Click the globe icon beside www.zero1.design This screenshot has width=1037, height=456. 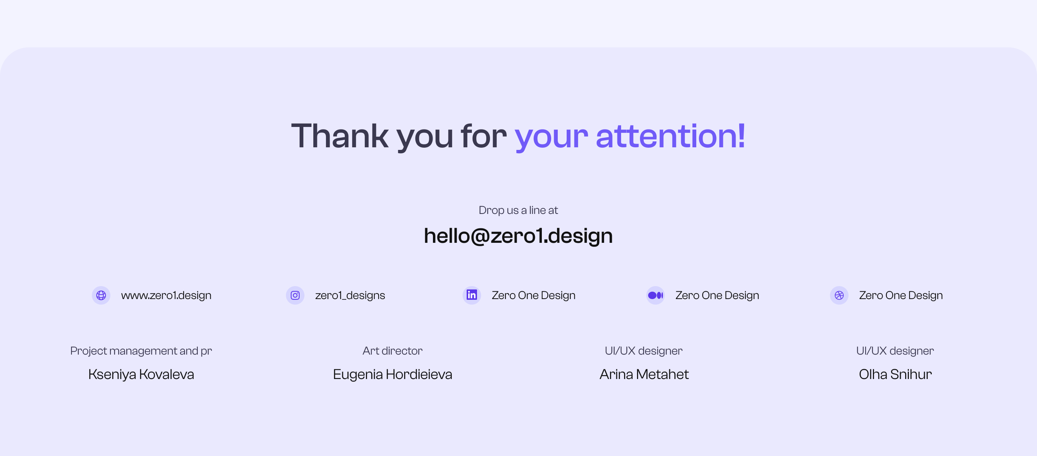coord(101,295)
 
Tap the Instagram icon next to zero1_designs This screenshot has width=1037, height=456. coord(295,295)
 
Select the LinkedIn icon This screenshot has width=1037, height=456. coord(471,295)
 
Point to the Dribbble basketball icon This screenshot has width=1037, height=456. coord(839,295)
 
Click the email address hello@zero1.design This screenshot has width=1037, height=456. coord(518,235)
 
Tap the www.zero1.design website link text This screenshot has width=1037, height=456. coord(166,295)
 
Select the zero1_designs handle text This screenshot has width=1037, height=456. coord(350,295)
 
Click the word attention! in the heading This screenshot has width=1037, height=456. coord(670,137)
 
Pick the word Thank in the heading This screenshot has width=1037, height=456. coord(339,137)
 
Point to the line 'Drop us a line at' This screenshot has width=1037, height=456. coord(518,210)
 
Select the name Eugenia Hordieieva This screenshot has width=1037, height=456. coord(393,374)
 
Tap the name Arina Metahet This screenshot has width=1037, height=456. coord(644,374)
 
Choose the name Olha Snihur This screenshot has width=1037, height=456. coord(895,374)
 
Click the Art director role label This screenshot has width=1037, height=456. coord(393,351)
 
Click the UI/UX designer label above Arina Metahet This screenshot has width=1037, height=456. coord(644,351)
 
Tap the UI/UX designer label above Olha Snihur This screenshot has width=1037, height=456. coord(895,351)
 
